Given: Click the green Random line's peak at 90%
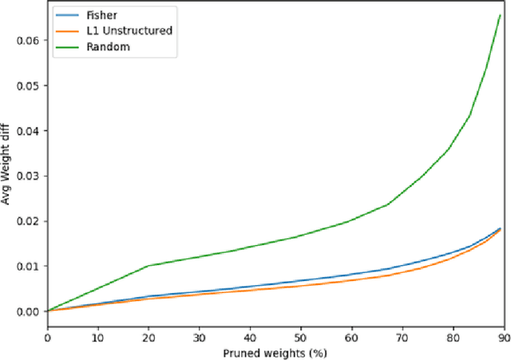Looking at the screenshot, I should (499, 15).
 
